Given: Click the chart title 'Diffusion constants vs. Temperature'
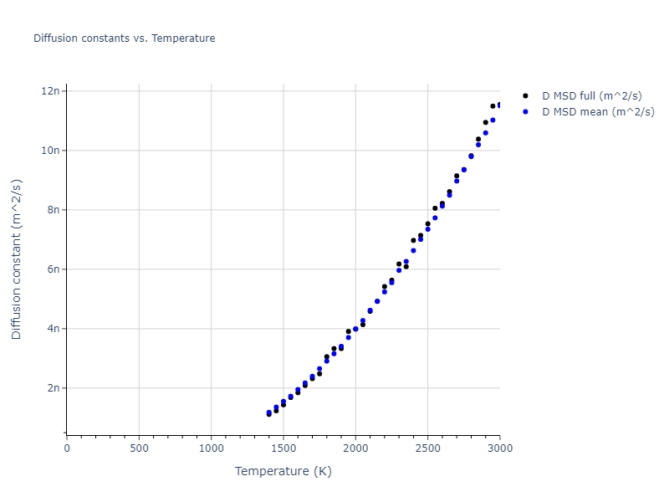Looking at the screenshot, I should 124,38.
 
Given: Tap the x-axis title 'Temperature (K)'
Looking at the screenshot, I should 283,471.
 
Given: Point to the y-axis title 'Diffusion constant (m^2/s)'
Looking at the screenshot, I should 17,259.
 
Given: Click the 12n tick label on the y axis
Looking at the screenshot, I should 49,91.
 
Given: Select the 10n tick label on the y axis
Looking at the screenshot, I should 49,151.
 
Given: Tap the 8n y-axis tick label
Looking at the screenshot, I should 52,210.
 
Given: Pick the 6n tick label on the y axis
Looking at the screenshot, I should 52,269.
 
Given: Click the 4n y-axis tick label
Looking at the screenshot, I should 52,329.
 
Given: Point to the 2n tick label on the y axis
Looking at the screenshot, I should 52,388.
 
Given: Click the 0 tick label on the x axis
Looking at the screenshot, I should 67,448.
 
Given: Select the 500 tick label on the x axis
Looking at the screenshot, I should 139,448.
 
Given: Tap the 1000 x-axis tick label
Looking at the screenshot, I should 211,448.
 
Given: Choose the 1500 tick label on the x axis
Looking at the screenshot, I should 283,448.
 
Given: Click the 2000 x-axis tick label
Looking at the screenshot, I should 355,448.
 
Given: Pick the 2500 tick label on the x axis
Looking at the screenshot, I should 427,448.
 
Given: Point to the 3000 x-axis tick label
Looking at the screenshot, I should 499,448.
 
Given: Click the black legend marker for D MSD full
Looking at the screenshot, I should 525,96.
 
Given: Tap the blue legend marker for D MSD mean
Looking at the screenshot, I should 525,111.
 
